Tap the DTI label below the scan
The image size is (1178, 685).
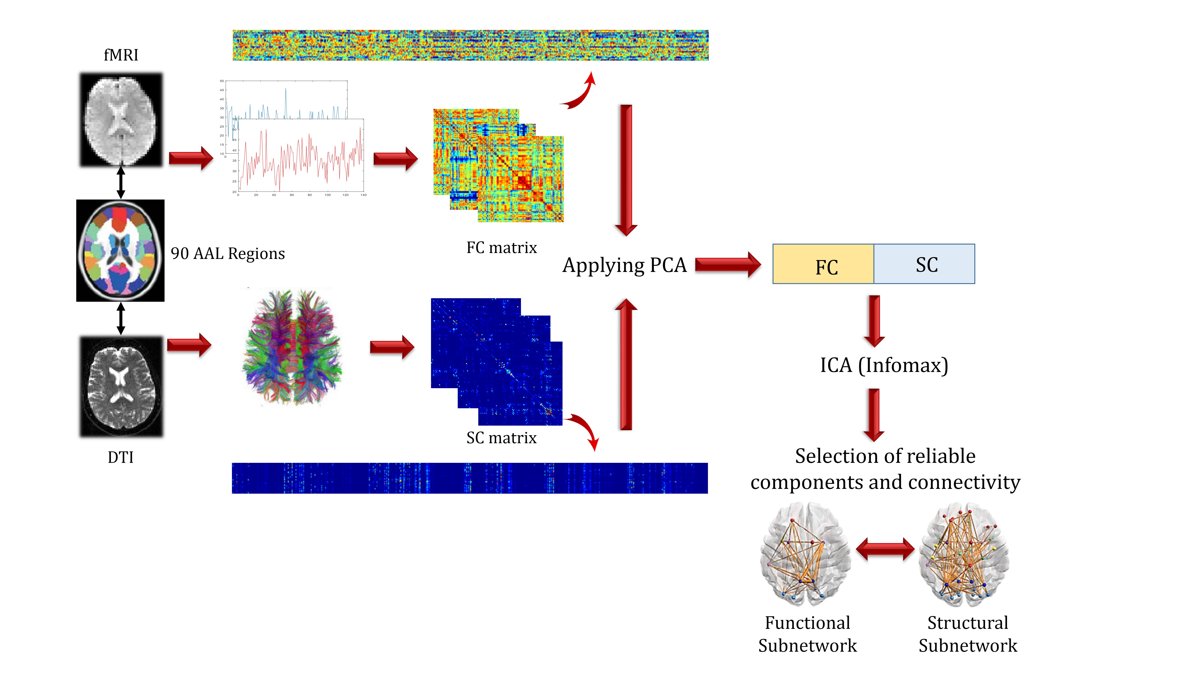[121, 457]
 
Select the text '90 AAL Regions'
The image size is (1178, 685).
[228, 253]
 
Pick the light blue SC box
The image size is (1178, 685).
[924, 264]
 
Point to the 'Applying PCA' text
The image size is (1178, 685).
[625, 265]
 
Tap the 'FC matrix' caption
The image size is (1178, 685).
[502, 247]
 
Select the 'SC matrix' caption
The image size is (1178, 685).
[502, 438]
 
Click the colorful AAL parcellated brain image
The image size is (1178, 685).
[121, 251]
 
